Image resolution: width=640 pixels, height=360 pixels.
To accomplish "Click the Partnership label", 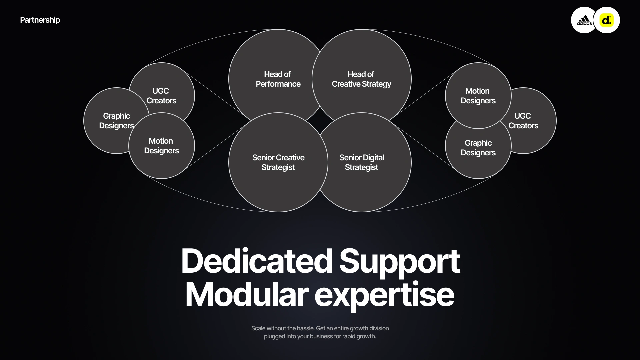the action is tap(40, 20).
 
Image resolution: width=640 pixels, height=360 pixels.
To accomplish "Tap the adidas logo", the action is tap(584, 20).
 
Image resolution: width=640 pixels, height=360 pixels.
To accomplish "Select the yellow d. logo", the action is tap(607, 20).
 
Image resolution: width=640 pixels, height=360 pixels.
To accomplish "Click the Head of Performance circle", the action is tap(278, 79).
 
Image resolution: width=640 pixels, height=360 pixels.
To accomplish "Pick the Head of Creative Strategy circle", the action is tap(361, 79).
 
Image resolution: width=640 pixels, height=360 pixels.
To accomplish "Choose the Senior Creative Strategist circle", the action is tap(278, 162).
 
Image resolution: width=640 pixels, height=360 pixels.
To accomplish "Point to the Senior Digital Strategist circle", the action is tap(361, 162).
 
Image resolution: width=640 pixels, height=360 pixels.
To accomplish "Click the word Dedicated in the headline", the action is tap(257, 261).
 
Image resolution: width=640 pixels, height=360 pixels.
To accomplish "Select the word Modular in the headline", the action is tap(247, 295).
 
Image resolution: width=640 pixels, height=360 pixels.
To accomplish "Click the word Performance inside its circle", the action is tap(278, 84).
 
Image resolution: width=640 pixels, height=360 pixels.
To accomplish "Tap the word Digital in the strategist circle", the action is tap(373, 158).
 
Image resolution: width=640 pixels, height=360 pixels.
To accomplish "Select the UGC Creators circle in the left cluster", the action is tap(161, 95).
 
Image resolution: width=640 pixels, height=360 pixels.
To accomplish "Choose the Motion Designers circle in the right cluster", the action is tap(478, 96).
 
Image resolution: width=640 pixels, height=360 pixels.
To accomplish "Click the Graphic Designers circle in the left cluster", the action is tap(116, 121).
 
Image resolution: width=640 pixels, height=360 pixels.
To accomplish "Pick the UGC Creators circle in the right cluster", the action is tap(523, 121).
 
